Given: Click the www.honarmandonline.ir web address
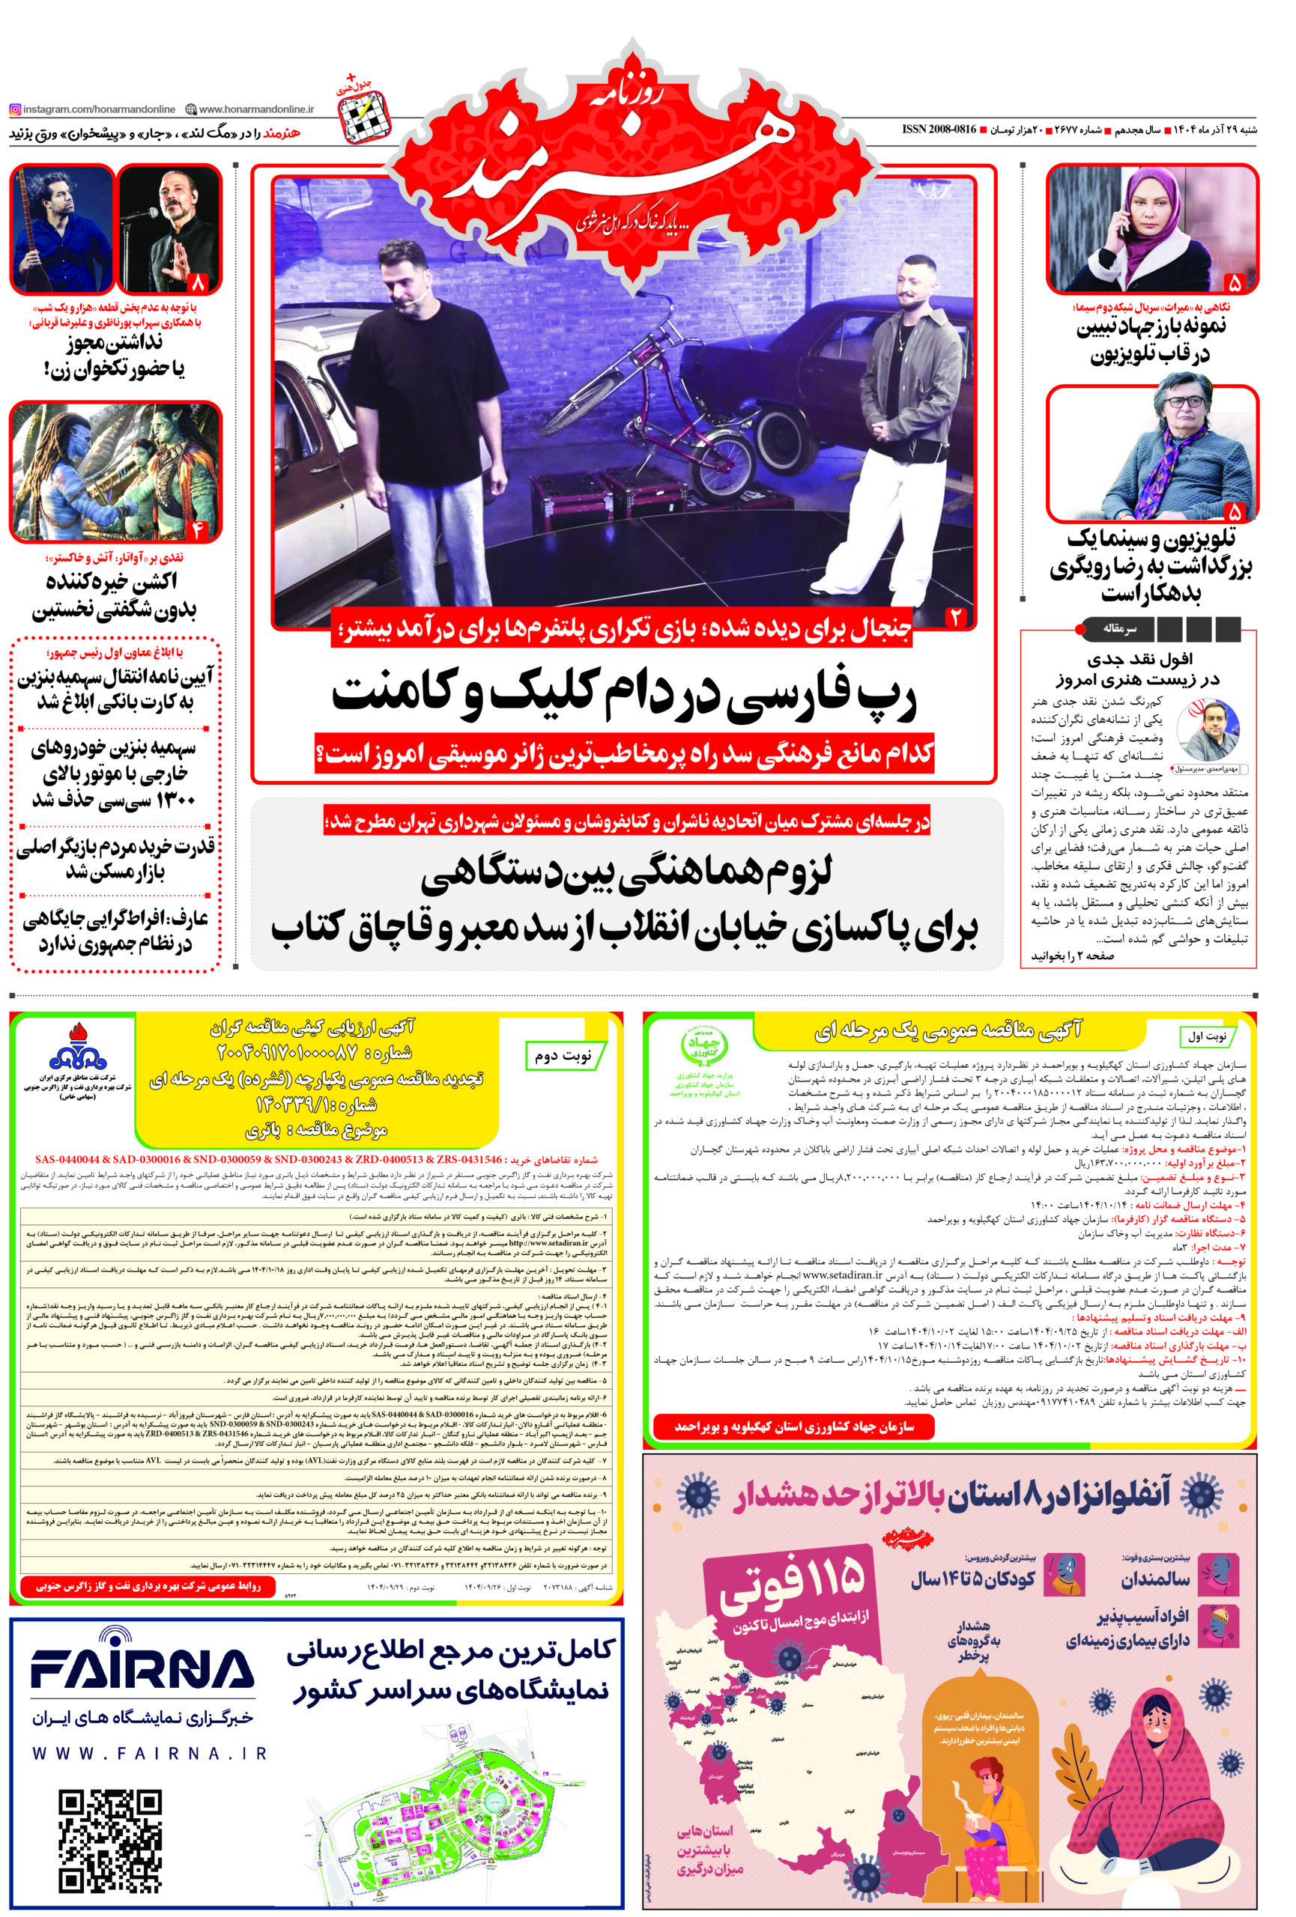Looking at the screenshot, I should [255, 109].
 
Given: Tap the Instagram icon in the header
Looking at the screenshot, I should [15, 109].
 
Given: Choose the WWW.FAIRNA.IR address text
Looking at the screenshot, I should [148, 1753].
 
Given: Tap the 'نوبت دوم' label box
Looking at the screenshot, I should [565, 1055].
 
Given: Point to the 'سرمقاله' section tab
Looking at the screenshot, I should [1119, 628].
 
